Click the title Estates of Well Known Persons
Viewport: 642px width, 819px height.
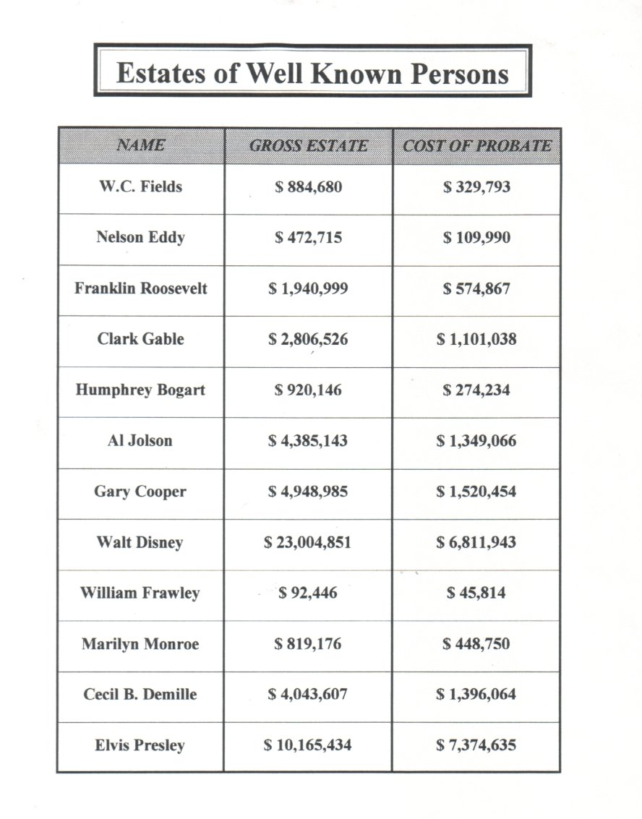pyautogui.click(x=312, y=72)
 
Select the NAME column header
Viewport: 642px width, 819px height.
pyautogui.click(x=141, y=145)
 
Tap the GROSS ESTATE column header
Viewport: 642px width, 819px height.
pyautogui.click(x=308, y=145)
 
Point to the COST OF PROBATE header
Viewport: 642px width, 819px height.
pyautogui.click(x=476, y=145)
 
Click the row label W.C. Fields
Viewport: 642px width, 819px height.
pyautogui.click(x=140, y=186)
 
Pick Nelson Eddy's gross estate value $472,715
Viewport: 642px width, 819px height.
pyautogui.click(x=308, y=237)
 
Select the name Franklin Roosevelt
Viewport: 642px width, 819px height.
pyautogui.click(x=141, y=288)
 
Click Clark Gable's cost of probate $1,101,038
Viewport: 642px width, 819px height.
pyautogui.click(x=476, y=339)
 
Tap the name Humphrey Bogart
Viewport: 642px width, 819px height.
pyautogui.click(x=141, y=390)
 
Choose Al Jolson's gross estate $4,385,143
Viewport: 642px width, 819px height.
pyautogui.click(x=308, y=441)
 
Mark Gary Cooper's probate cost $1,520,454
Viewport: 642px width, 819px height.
pyautogui.click(x=476, y=492)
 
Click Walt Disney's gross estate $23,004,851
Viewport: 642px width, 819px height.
pyautogui.click(x=308, y=542)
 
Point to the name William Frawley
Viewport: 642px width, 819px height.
pyautogui.click(x=140, y=593)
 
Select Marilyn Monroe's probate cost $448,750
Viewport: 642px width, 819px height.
pyautogui.click(x=476, y=643)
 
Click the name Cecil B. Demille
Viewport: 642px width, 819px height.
pyautogui.click(x=141, y=695)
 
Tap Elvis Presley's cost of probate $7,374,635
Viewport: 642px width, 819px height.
pyautogui.click(x=476, y=745)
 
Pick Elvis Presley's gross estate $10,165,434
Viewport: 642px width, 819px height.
pyautogui.click(x=308, y=745)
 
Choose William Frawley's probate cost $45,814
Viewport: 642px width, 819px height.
pyautogui.click(x=476, y=593)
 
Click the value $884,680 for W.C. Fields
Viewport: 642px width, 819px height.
pyautogui.click(x=308, y=186)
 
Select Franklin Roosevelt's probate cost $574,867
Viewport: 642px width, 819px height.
pyautogui.click(x=476, y=288)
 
